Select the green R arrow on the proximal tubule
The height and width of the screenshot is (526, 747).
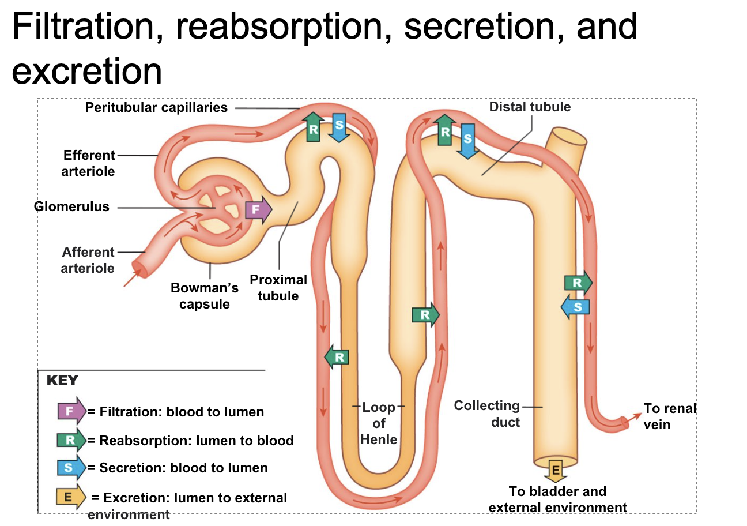(313, 127)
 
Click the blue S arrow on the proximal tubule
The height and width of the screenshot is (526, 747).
(339, 127)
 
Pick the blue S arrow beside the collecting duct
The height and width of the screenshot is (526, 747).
(576, 306)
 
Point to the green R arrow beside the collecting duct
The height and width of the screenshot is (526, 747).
(578, 283)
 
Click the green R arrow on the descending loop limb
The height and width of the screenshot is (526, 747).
(337, 357)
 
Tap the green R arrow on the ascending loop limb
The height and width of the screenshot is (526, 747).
(425, 315)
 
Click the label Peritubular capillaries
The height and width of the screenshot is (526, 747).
(156, 107)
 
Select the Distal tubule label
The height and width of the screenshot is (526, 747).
(530, 107)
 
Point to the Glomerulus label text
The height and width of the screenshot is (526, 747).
(71, 206)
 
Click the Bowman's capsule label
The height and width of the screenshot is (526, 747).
(205, 295)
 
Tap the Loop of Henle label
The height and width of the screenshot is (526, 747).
(379, 423)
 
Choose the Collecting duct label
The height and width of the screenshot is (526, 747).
(488, 414)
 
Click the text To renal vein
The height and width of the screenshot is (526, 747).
(669, 416)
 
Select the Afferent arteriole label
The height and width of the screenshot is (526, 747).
(88, 260)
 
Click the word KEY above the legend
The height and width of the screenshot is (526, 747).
(62, 381)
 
